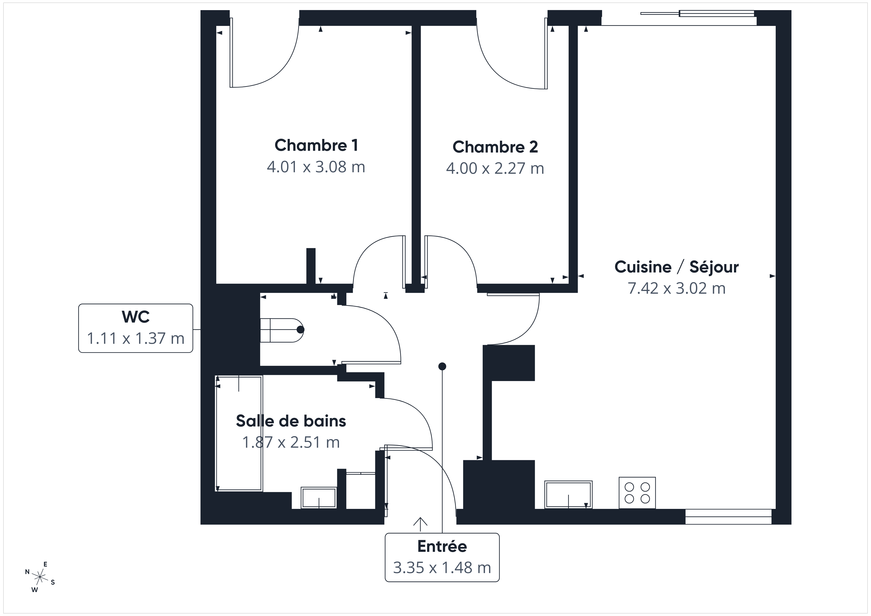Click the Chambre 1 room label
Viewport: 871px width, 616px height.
click(317, 145)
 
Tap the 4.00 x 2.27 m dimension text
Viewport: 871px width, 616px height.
click(495, 168)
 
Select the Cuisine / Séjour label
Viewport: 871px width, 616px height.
click(676, 267)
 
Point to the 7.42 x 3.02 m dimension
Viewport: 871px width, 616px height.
click(676, 288)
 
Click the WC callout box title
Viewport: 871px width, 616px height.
click(136, 317)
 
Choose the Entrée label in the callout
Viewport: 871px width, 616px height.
click(442, 546)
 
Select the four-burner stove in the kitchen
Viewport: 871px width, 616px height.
click(637, 493)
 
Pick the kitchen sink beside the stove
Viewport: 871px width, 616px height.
click(568, 494)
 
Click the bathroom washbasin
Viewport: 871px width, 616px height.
click(319, 498)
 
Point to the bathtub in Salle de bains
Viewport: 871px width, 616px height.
click(239, 433)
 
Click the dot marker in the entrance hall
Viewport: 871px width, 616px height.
click(442, 366)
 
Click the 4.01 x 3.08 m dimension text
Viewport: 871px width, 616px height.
click(316, 167)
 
